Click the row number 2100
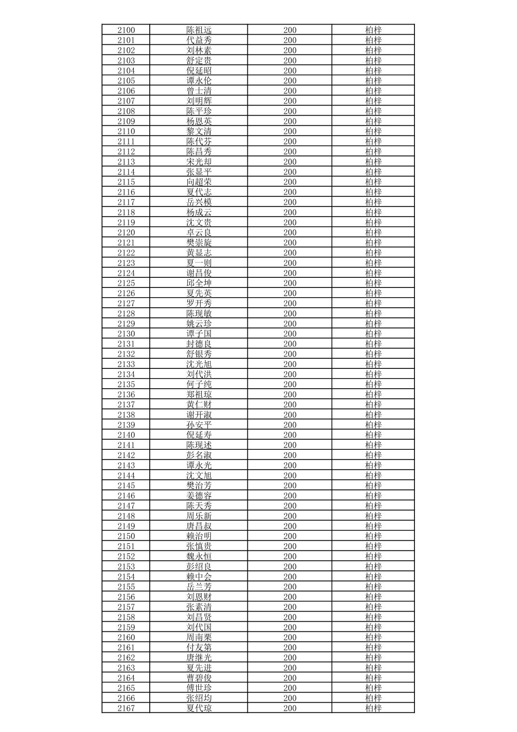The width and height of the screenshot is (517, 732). click(x=126, y=30)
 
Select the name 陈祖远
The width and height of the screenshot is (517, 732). click(x=199, y=30)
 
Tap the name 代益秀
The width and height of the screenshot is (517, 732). click(x=199, y=40)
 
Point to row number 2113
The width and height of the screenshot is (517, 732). click(x=126, y=162)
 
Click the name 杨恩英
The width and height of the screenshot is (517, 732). click(x=199, y=121)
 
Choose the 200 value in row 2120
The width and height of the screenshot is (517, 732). click(x=290, y=233)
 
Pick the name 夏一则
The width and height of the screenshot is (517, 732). click(x=199, y=263)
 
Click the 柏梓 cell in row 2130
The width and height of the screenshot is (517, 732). click(x=373, y=334)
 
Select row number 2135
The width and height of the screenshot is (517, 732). click(x=126, y=384)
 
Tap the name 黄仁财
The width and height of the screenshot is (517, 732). click(x=199, y=405)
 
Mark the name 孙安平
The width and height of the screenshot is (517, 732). click(x=199, y=425)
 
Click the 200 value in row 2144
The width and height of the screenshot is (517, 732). click(x=290, y=475)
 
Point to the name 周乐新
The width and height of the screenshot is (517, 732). click(x=199, y=516)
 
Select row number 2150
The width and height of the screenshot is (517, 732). click(x=126, y=536)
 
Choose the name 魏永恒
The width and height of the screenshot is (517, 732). click(x=199, y=556)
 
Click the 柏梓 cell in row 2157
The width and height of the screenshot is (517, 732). click(x=373, y=607)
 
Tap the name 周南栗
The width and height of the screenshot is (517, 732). click(x=199, y=637)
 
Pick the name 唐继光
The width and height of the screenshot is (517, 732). click(x=199, y=657)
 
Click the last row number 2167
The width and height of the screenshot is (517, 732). click(x=126, y=708)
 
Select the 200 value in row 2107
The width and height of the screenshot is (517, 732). click(x=290, y=101)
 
